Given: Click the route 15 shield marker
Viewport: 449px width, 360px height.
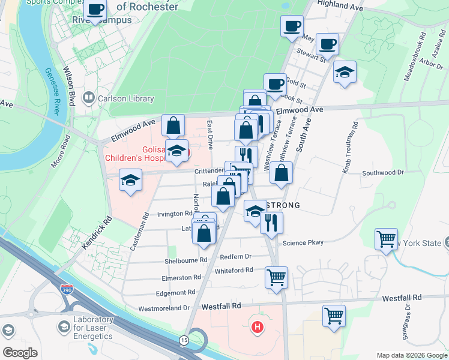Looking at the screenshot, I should coord(182,340).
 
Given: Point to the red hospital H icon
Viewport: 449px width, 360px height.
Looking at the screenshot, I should coord(258,328).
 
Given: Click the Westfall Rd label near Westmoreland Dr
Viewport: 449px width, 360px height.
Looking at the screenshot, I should coord(216,306).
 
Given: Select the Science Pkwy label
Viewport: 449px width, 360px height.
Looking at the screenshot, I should coord(303,242).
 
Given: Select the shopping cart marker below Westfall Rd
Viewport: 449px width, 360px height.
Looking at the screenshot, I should coord(334,316).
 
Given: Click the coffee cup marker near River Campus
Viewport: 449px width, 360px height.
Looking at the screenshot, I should coord(95,10).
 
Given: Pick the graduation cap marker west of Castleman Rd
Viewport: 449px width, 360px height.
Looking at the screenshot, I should coord(130,179).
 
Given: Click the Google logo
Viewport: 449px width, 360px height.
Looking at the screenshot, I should coord(20,352).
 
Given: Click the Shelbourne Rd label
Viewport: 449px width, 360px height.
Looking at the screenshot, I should coord(186,260).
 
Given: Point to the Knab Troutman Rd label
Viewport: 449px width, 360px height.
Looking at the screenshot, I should coord(350,148).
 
